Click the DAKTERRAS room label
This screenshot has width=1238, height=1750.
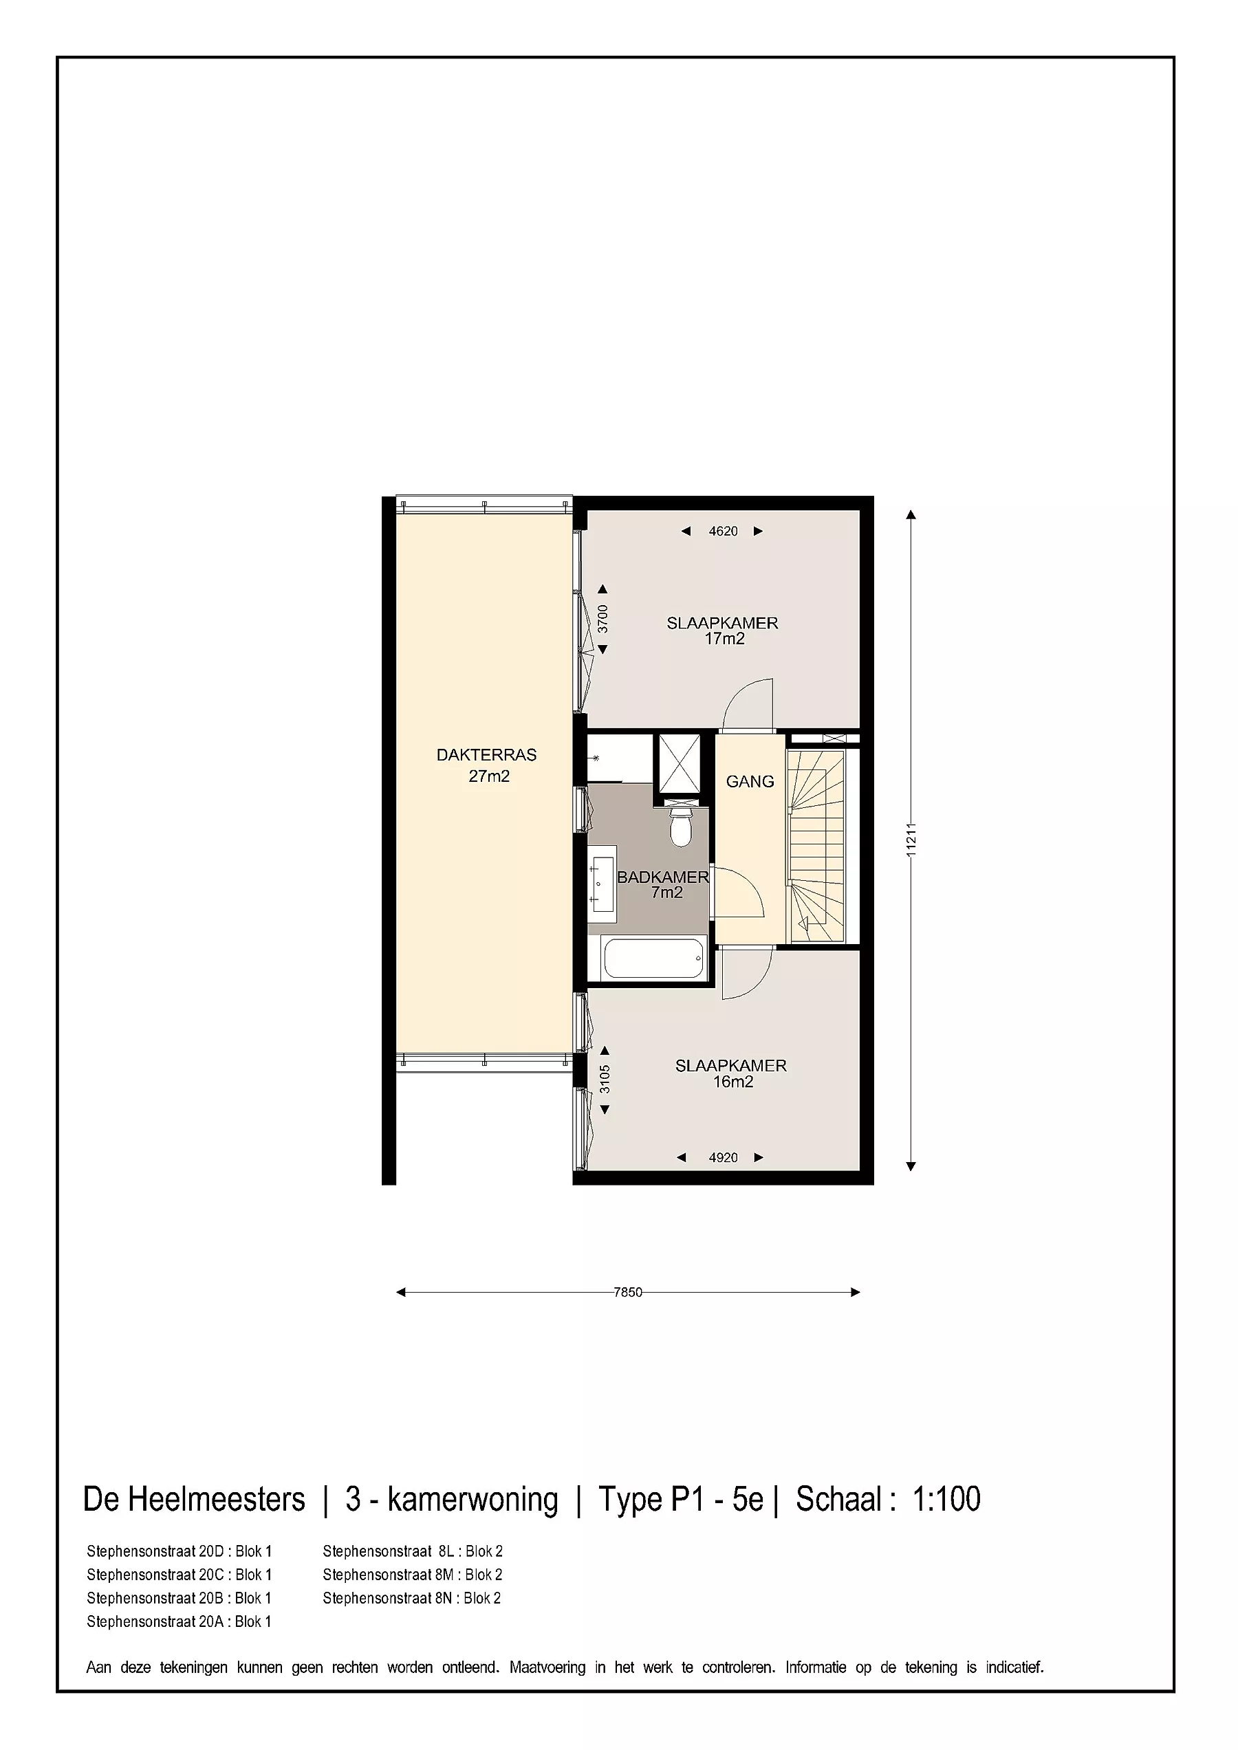point(486,754)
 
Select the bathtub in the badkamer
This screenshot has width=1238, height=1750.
point(653,959)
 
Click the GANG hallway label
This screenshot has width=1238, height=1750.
point(750,781)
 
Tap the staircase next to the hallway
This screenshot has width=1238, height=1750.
point(817,846)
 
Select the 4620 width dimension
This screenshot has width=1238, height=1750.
point(723,532)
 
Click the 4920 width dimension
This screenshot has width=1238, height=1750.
point(723,1157)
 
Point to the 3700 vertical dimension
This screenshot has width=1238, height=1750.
point(603,619)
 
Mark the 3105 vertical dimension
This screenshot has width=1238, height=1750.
point(605,1080)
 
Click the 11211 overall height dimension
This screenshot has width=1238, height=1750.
point(911,841)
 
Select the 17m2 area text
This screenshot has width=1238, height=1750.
point(724,639)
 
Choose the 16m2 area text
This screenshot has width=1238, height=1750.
point(733,1082)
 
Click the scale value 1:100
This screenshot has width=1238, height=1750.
point(946,1499)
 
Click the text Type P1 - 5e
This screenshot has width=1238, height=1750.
point(681,1499)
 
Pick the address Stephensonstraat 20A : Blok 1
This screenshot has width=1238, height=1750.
point(179,1622)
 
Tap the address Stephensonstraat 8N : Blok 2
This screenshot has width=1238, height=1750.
point(412,1598)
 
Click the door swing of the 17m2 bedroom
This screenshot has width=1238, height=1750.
point(747,703)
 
